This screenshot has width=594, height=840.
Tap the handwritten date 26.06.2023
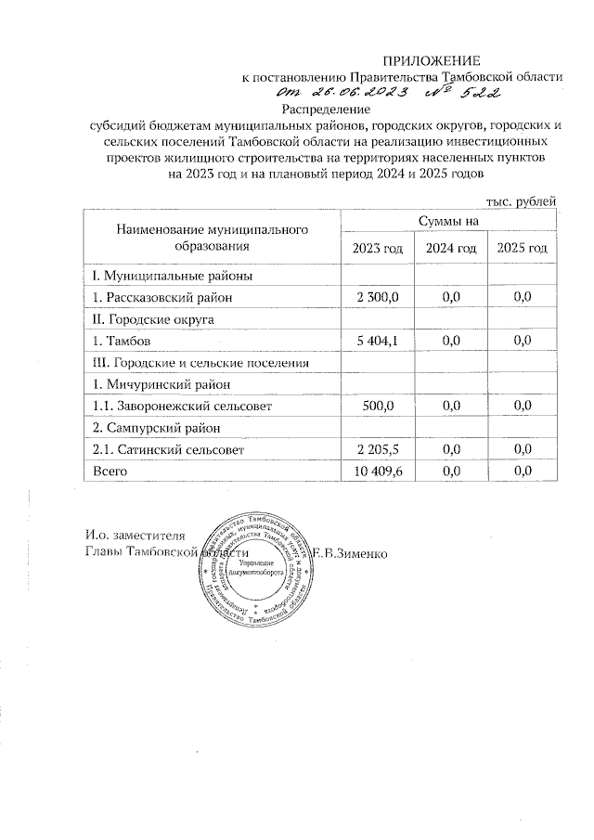pos(355,94)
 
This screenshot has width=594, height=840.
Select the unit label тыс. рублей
pos(522,200)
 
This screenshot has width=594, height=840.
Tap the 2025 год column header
pos(523,248)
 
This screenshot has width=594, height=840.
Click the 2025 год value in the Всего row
pos(523,472)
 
